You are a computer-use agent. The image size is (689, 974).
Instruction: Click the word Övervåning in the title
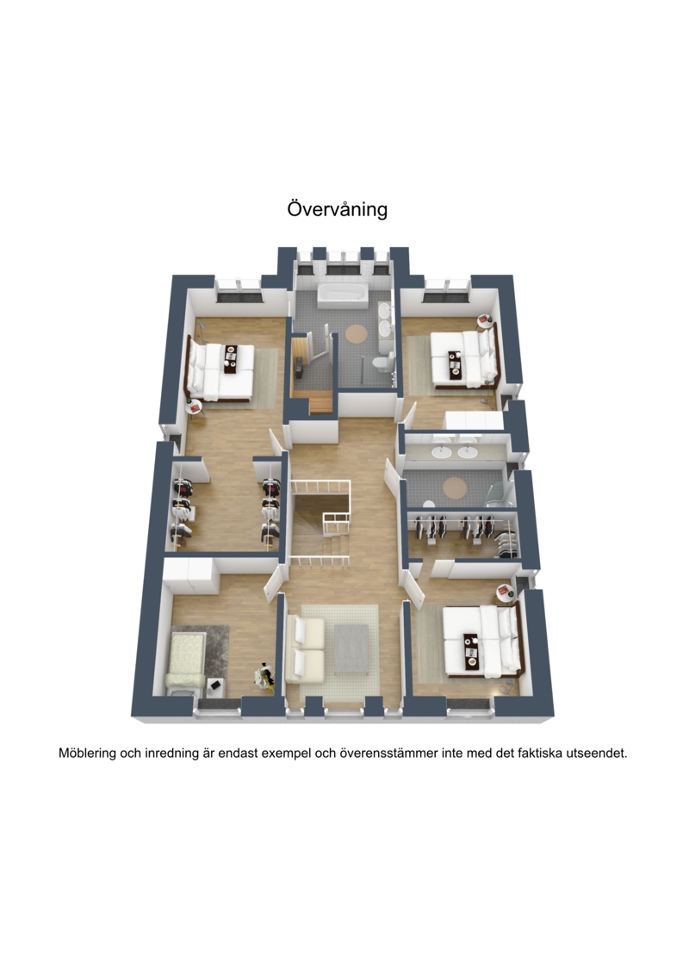[x=337, y=209]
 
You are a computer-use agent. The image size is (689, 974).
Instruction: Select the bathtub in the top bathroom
[x=343, y=295]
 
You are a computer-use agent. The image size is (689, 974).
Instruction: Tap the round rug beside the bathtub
[x=357, y=333]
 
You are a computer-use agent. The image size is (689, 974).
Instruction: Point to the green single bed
[x=186, y=660]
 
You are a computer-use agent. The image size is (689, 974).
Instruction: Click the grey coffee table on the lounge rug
[x=351, y=648]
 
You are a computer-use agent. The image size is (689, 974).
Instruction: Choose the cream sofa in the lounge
[x=305, y=649]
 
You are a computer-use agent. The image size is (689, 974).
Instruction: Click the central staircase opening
[x=320, y=523]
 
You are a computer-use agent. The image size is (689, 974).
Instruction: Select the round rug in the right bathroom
[x=455, y=487]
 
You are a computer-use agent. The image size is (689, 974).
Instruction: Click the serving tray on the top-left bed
[x=231, y=358]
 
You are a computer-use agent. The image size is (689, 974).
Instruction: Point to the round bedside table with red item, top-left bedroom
[x=195, y=407]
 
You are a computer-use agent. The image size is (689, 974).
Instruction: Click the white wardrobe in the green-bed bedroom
[x=190, y=576]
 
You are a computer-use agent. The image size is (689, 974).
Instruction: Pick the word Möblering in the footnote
[x=88, y=754]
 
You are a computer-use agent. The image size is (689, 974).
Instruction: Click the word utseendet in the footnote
[x=598, y=754]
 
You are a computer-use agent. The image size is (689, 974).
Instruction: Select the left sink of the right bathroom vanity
[x=442, y=452]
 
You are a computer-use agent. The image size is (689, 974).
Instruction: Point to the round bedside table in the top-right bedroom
[x=484, y=320]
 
